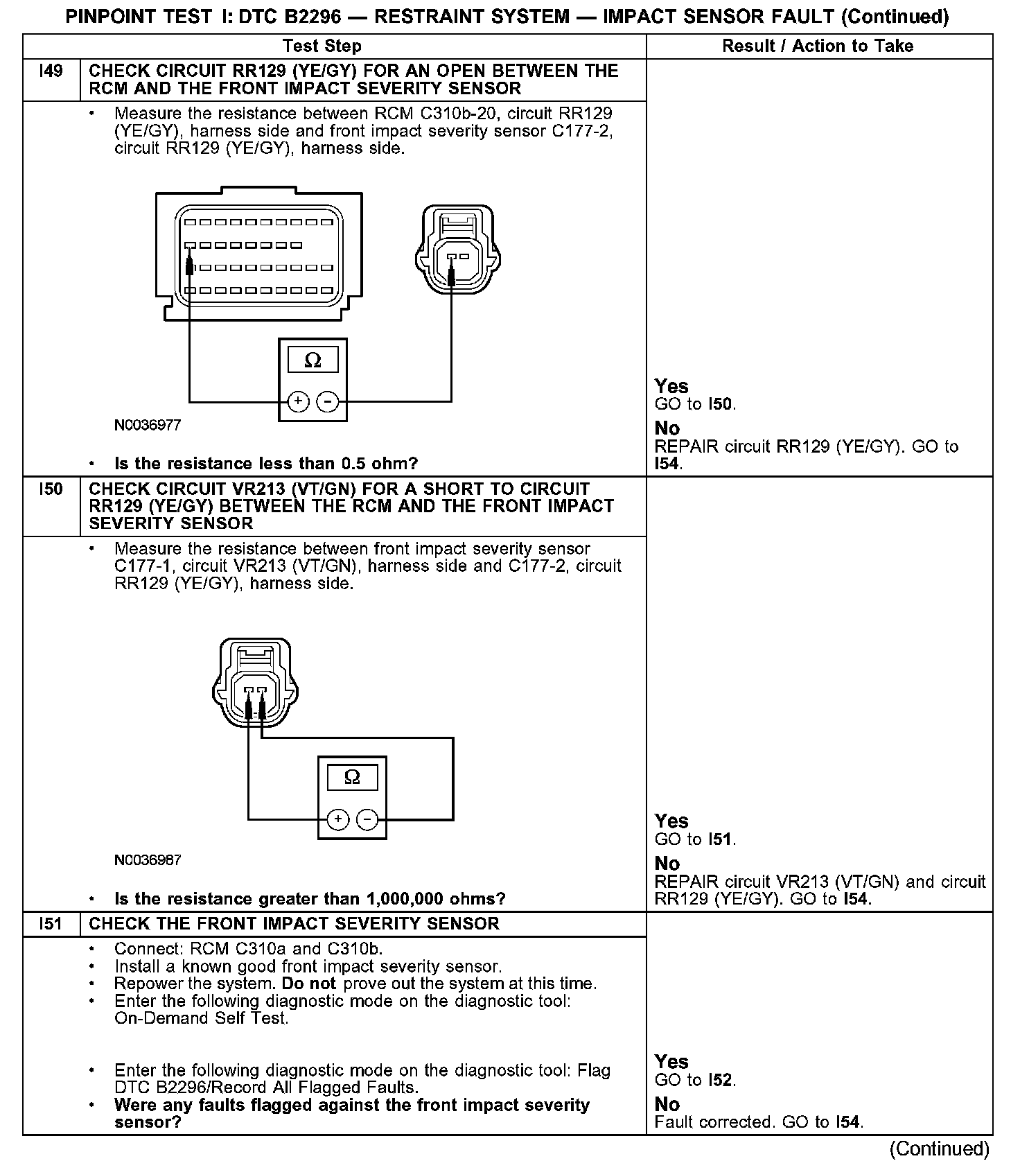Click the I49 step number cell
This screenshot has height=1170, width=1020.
click(51, 71)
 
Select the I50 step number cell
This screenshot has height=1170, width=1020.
click(51, 490)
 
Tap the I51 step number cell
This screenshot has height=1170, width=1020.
click(51, 924)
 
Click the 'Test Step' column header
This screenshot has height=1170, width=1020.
click(322, 46)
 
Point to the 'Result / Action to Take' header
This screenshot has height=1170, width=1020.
click(818, 46)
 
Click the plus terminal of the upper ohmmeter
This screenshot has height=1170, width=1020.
click(298, 401)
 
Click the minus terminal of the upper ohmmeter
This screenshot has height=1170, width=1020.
click(327, 401)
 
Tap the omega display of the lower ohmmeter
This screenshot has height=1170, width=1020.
click(352, 778)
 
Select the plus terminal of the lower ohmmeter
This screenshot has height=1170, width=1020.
click(337, 820)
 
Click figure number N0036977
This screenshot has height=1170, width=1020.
click(148, 426)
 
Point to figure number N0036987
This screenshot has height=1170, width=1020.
click(148, 860)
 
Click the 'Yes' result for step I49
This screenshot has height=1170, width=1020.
click(671, 386)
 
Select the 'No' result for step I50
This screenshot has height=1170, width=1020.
click(667, 864)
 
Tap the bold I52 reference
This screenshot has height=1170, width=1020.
click(721, 1080)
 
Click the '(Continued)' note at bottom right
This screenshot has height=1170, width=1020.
click(940, 1149)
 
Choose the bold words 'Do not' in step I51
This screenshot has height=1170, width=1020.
click(308, 984)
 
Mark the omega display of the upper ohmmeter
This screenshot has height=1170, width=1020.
click(313, 360)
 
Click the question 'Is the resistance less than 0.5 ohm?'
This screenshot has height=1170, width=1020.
click(266, 464)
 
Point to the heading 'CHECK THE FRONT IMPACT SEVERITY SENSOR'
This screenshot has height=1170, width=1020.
click(294, 924)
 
